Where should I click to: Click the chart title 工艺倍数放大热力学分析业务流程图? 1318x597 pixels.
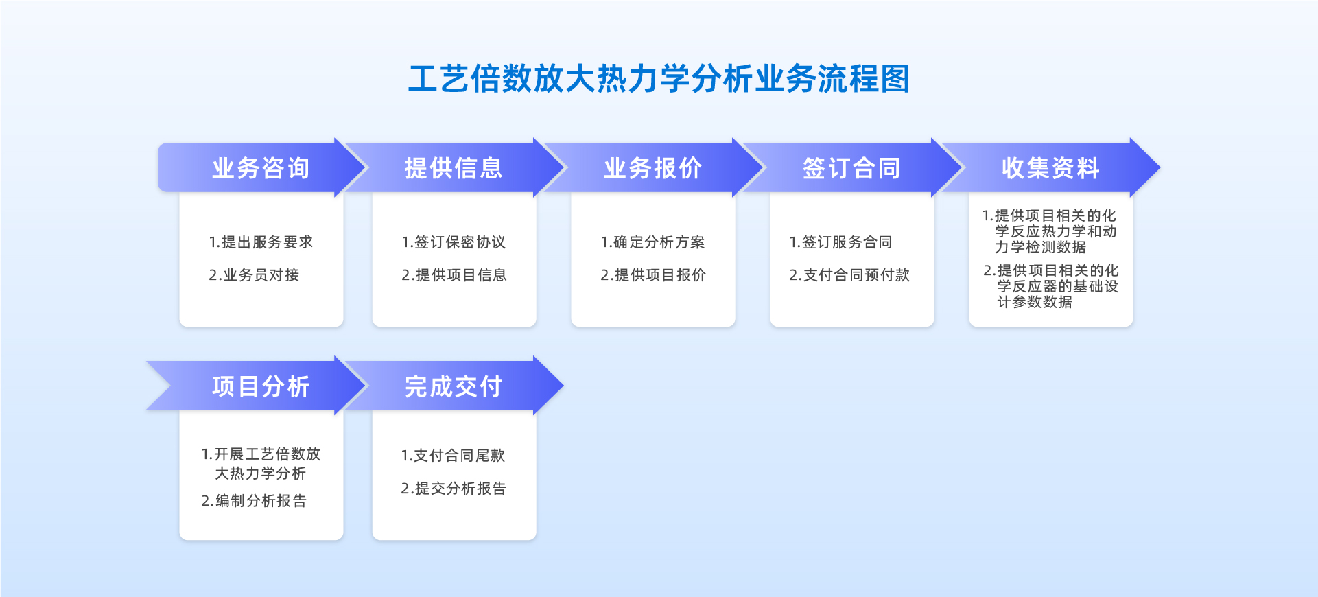click(659, 79)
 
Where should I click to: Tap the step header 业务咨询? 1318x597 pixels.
click(261, 168)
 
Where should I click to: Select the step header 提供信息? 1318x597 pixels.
click(454, 168)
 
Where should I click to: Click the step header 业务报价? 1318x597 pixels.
click(652, 168)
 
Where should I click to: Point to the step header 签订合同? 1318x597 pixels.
click(851, 168)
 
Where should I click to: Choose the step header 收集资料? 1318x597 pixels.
click(1050, 168)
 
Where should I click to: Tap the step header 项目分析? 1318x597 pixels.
click(261, 386)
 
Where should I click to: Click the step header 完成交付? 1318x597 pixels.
click(454, 386)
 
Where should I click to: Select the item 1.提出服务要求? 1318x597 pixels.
click(261, 242)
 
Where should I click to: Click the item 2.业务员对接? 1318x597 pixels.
click(254, 275)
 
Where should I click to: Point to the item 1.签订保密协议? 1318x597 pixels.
click(454, 242)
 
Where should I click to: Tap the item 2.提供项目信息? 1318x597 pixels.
click(454, 275)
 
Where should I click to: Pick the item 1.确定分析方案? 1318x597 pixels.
click(652, 242)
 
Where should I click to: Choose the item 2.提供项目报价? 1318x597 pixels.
click(652, 275)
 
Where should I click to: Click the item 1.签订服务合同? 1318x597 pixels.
click(840, 242)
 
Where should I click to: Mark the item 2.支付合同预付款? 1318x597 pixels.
click(849, 275)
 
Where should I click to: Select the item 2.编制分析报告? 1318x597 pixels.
click(254, 501)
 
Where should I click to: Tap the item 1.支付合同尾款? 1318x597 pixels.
click(453, 456)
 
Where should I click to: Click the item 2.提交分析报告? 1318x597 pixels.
click(454, 489)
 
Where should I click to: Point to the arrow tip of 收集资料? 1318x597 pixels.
click(1160, 167)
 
